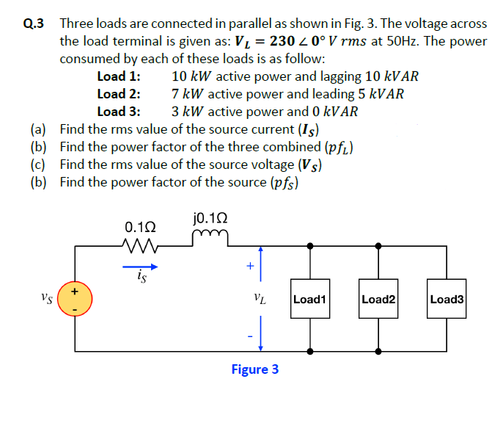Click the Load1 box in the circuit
[x=309, y=299]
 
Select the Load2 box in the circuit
[x=378, y=299]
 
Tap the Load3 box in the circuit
[x=447, y=299]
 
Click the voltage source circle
[x=75, y=300]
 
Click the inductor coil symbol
[x=210, y=236]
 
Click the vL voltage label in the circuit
[x=259, y=300]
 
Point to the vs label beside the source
[x=48, y=299]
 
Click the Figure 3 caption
[x=254, y=369]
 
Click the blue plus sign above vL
[x=250, y=267]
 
